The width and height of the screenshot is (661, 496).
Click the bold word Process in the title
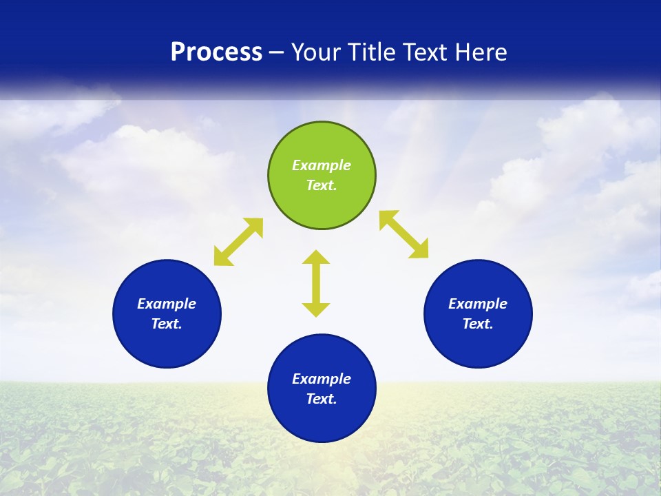pos(216,52)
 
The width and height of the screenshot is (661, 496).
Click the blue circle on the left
pos(167,344)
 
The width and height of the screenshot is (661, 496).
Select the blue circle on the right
pos(478,344)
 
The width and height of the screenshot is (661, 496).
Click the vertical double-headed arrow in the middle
pos(316,283)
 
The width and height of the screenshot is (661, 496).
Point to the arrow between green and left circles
pos(238,241)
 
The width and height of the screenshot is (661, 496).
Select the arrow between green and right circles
pos(403,234)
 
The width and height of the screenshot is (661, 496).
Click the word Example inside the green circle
pos(322,165)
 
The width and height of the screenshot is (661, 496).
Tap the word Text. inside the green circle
pos(322,185)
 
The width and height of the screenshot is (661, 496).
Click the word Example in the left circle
pos(167,304)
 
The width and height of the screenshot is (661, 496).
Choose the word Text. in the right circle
pos(478,324)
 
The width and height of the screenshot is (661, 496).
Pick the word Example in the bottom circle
pos(322,379)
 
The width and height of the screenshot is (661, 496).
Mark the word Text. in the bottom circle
pos(322,399)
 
